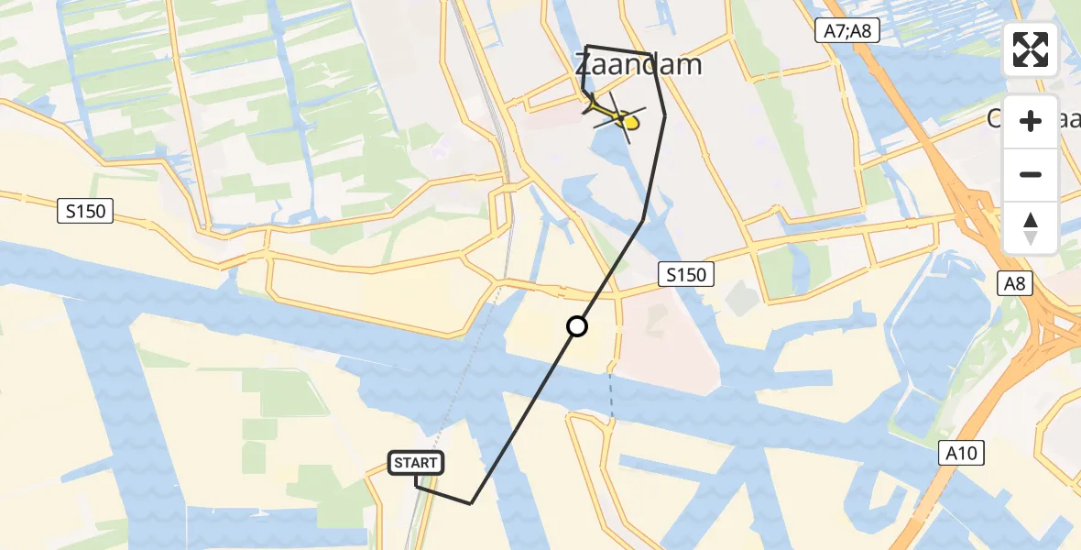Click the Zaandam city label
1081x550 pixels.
639,65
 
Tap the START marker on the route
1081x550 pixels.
417,464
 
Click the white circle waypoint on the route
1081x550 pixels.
576,326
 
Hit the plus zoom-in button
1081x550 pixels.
1031,122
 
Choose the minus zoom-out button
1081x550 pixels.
1031,174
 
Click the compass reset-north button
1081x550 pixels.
1031,227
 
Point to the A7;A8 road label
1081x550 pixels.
846,32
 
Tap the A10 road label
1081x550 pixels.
961,453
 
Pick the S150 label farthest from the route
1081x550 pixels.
86,212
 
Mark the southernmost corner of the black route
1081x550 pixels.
471,503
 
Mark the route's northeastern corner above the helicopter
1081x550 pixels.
651,56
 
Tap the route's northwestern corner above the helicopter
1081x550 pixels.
587,46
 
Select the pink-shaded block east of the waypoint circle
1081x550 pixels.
664,339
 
